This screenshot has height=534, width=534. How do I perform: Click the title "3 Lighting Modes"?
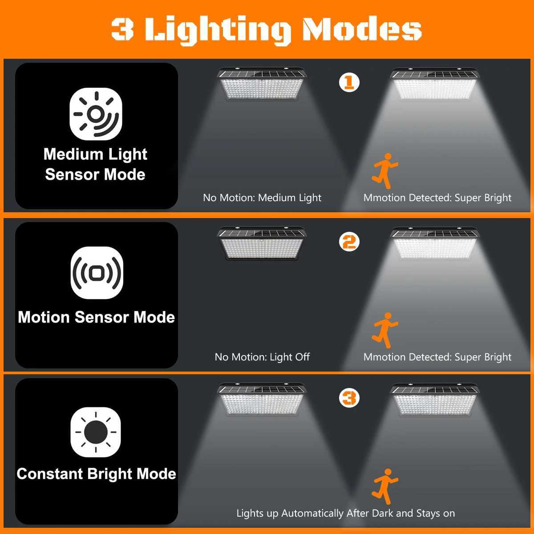[266, 29]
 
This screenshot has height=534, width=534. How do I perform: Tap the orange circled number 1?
[349, 82]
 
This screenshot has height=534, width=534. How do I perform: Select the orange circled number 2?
[349, 242]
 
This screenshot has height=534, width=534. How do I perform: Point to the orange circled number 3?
[349, 397]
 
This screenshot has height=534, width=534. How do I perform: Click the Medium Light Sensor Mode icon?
[96, 114]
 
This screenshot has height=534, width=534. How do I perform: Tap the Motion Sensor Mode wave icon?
[97, 273]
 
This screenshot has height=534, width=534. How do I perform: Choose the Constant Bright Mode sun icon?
[96, 432]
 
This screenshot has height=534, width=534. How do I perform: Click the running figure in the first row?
[384, 171]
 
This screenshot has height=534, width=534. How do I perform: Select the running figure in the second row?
[384, 330]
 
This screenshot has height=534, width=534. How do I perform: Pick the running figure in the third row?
[384, 486]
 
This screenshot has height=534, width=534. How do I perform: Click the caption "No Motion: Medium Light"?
[262, 198]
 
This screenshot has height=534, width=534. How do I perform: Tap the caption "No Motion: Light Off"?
[262, 357]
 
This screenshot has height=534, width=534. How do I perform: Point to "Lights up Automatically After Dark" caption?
[345, 513]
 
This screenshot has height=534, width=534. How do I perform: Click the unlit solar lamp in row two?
[262, 244]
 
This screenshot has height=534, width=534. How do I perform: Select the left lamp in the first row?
[262, 85]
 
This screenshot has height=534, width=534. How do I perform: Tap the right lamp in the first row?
[435, 85]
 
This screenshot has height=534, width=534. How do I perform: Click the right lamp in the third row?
[435, 400]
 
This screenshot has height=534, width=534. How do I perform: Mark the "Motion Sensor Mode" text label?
[96, 317]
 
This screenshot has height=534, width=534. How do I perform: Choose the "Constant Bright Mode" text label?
[96, 473]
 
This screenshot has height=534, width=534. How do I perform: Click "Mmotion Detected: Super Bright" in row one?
[437, 198]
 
